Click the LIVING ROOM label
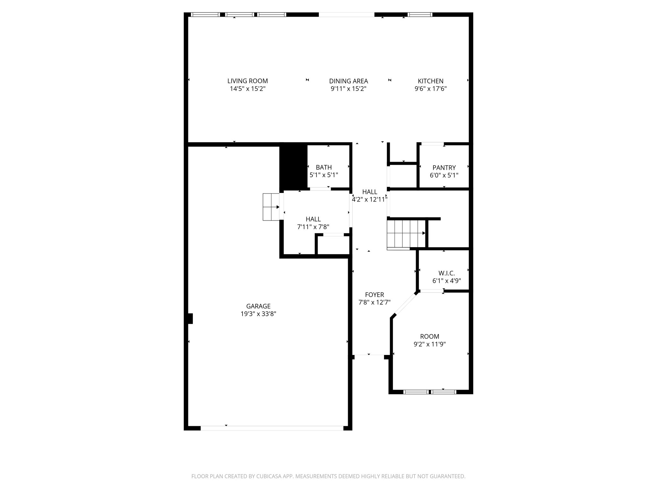point(247,81)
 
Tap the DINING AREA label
point(348,81)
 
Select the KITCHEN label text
point(431,81)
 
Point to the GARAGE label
point(258,306)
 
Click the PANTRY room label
point(444,168)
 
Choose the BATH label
point(324,167)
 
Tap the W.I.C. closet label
point(447,273)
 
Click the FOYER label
point(374,295)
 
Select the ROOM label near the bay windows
point(430,336)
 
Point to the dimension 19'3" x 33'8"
point(258,314)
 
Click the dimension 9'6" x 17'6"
point(431,89)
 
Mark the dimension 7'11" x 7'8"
point(313,227)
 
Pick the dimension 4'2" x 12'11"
point(370,199)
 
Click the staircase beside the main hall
point(406,233)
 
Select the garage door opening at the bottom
point(272,428)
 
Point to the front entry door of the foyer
point(369,355)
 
